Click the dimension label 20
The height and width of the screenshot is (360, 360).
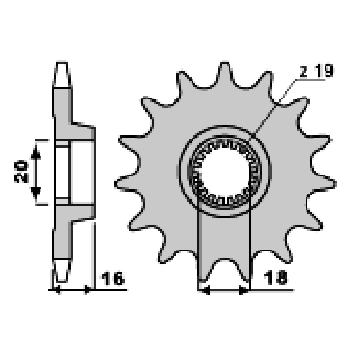pos(22,171)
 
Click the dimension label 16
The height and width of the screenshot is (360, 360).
pos(112,279)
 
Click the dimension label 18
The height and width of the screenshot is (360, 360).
pos(276,278)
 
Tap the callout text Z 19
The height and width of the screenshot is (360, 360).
pos(316,71)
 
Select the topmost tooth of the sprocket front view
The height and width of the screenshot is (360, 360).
pos(225,73)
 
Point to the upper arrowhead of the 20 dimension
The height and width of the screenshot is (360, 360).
pos(36,152)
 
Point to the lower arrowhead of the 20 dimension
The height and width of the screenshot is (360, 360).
pos(36,194)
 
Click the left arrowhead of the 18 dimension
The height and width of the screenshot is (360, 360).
pos(206,290)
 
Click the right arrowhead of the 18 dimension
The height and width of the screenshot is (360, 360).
pos(243,290)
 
